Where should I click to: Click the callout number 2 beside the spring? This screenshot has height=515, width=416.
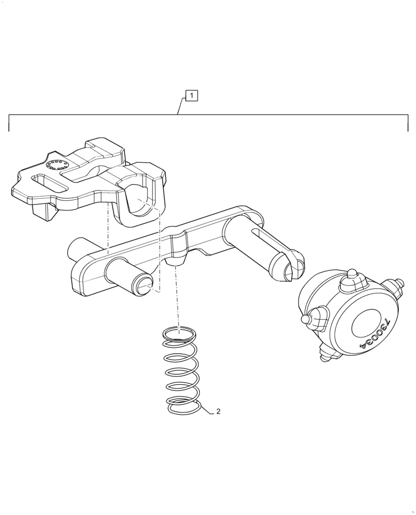point(218,411)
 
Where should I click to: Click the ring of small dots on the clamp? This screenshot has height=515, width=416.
point(55,165)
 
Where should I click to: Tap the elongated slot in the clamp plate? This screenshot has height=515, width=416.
point(49,182)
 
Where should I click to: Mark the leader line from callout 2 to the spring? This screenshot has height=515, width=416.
point(205,407)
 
